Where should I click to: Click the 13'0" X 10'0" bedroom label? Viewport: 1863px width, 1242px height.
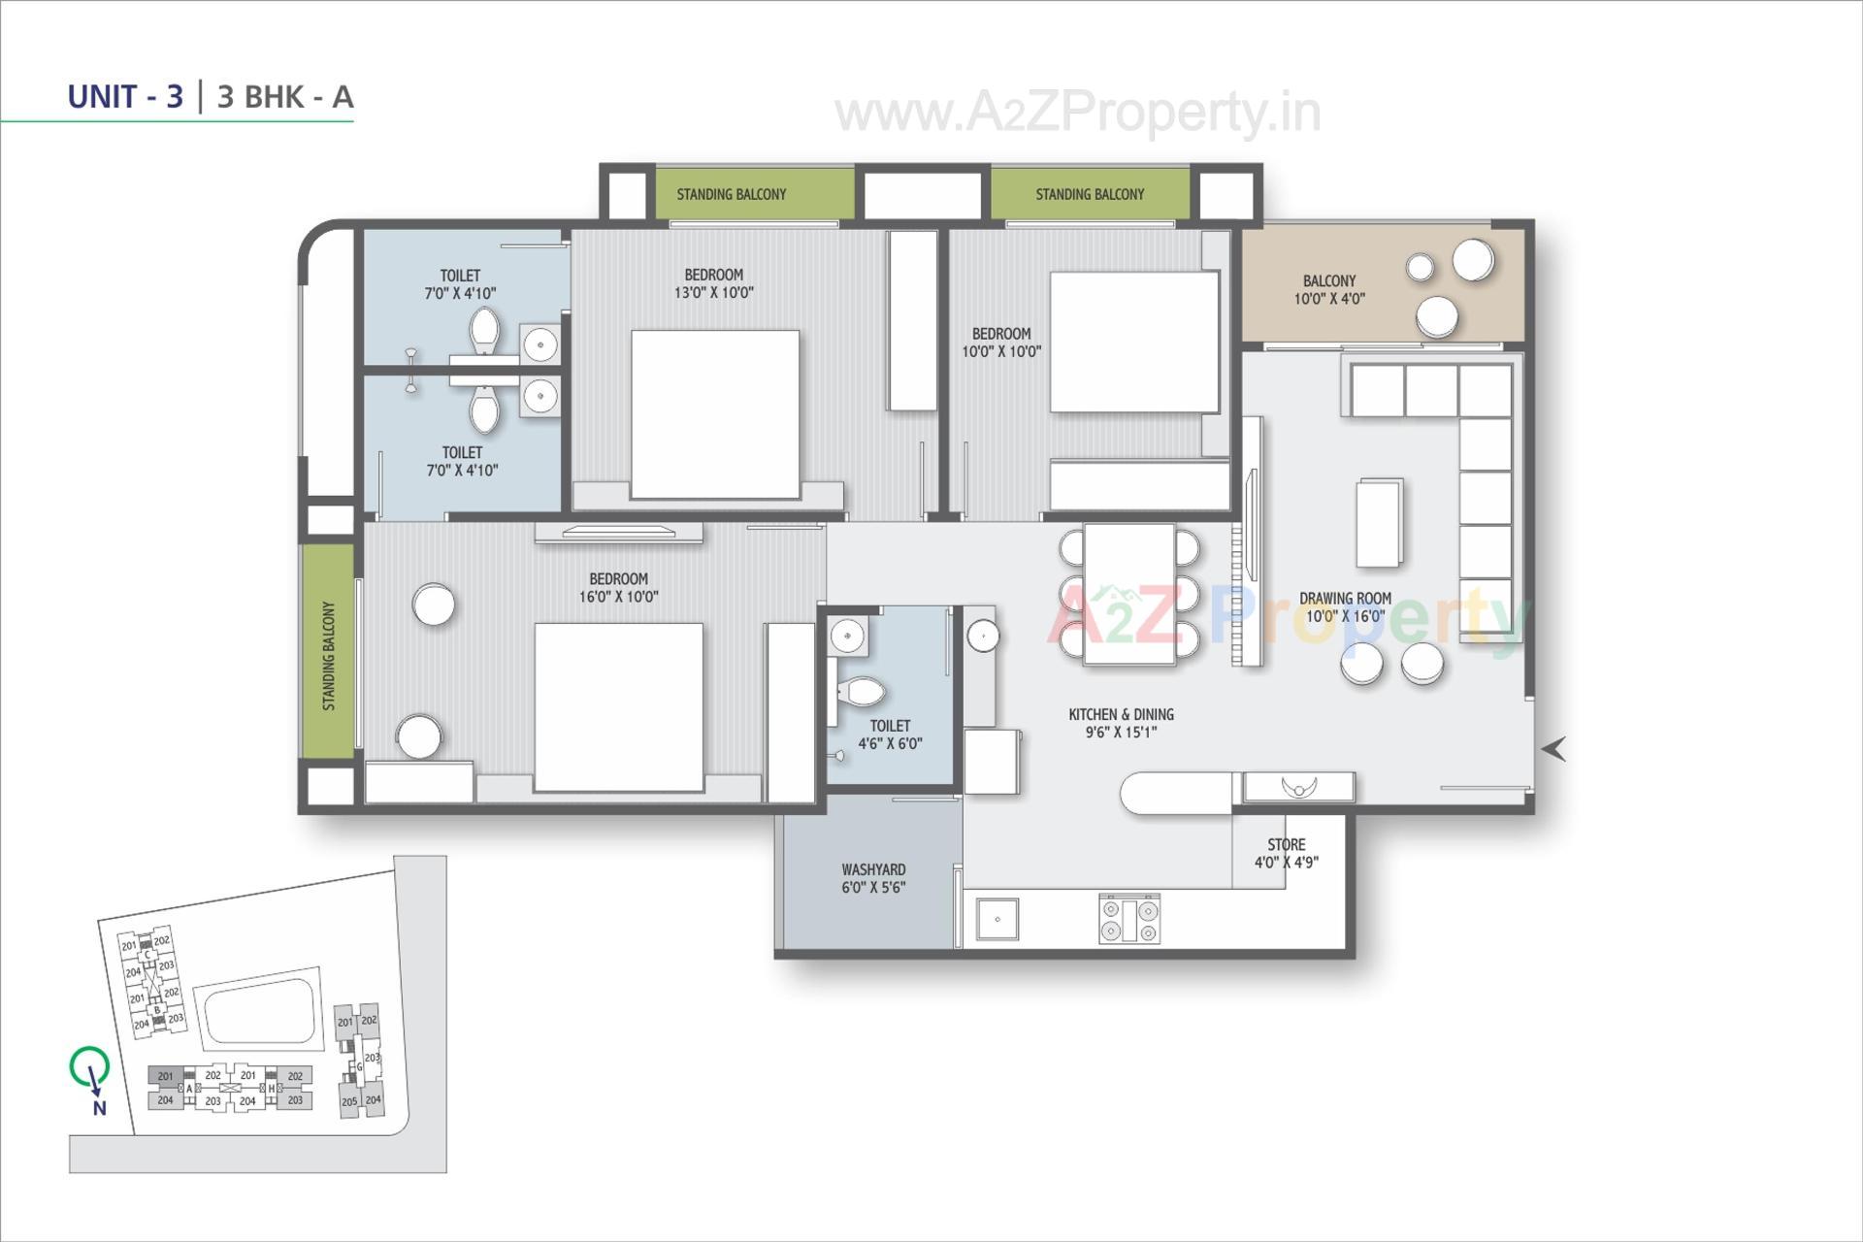(713, 283)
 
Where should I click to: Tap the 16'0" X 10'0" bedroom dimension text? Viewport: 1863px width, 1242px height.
(618, 597)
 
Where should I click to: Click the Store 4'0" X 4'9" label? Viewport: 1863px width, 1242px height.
(1286, 853)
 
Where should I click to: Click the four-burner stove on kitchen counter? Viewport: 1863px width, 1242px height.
(1128, 919)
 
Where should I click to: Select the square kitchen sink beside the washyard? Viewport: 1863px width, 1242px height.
(997, 918)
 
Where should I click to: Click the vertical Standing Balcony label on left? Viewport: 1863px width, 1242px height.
(328, 656)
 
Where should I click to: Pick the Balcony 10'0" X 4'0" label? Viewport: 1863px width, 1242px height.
(1328, 289)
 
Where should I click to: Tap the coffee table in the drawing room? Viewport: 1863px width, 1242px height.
(1379, 522)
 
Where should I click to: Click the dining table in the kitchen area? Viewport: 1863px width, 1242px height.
(1129, 594)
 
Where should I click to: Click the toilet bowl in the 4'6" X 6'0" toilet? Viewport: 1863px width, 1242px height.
(860, 692)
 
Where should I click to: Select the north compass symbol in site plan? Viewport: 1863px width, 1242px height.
(90, 1068)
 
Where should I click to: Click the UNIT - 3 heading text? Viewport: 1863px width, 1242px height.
(125, 97)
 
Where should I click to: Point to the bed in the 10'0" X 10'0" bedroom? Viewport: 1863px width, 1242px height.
(1133, 342)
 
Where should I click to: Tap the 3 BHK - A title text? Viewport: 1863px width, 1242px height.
(285, 97)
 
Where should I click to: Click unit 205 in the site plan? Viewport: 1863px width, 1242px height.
(348, 1101)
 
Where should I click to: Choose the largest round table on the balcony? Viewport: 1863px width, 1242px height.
(1472, 259)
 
